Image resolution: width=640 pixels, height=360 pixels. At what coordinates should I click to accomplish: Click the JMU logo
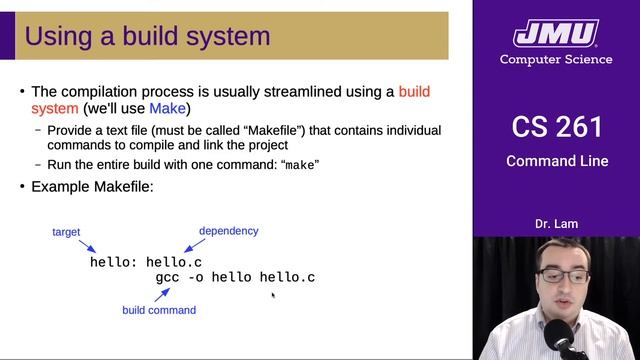click(x=557, y=34)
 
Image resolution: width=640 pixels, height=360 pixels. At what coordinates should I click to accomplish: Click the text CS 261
click(x=557, y=127)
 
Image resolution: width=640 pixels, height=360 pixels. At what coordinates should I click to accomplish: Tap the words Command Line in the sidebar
click(x=557, y=161)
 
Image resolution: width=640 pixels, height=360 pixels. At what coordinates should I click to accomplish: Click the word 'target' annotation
click(x=66, y=232)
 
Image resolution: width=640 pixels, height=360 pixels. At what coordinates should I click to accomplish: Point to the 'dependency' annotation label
click(x=228, y=231)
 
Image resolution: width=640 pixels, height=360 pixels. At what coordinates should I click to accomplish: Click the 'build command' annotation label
click(x=159, y=310)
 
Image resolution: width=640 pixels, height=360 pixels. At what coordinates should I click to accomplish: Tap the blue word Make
click(x=167, y=108)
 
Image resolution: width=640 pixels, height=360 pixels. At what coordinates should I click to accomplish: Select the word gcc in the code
click(x=167, y=277)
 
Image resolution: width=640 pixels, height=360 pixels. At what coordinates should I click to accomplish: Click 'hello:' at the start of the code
click(x=113, y=262)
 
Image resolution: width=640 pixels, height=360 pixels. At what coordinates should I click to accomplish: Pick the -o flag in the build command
click(x=195, y=277)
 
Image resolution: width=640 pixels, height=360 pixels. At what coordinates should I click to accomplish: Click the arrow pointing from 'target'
click(x=87, y=246)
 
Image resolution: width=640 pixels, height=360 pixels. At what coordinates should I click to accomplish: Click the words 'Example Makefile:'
click(x=92, y=187)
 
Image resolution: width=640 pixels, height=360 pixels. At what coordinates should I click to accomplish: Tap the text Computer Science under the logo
click(x=557, y=60)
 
